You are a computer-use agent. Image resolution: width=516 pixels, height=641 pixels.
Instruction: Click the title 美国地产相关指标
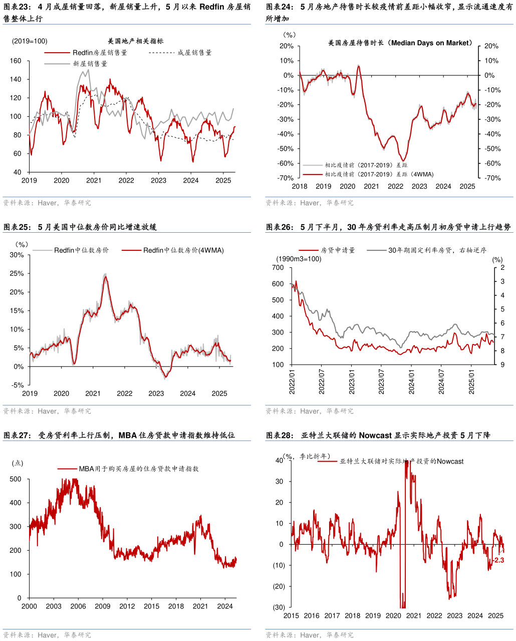(x=136, y=41)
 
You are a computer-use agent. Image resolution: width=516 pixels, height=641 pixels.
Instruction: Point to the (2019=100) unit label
(x=30, y=41)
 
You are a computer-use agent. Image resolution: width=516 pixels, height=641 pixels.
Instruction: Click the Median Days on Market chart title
(x=400, y=43)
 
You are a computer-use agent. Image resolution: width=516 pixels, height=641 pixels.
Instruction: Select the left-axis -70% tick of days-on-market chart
(x=286, y=178)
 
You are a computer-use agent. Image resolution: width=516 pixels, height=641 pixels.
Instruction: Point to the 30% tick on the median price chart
(x=17, y=255)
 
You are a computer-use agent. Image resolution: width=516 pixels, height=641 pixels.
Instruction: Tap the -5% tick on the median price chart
(x=18, y=385)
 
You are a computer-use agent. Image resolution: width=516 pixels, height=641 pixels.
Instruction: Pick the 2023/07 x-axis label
(x=382, y=383)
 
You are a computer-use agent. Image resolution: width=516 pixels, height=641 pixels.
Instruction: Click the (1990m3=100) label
(x=299, y=259)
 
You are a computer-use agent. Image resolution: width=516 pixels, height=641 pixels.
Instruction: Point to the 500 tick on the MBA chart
(x=16, y=479)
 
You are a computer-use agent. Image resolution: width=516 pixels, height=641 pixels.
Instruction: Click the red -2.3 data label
(x=498, y=560)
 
